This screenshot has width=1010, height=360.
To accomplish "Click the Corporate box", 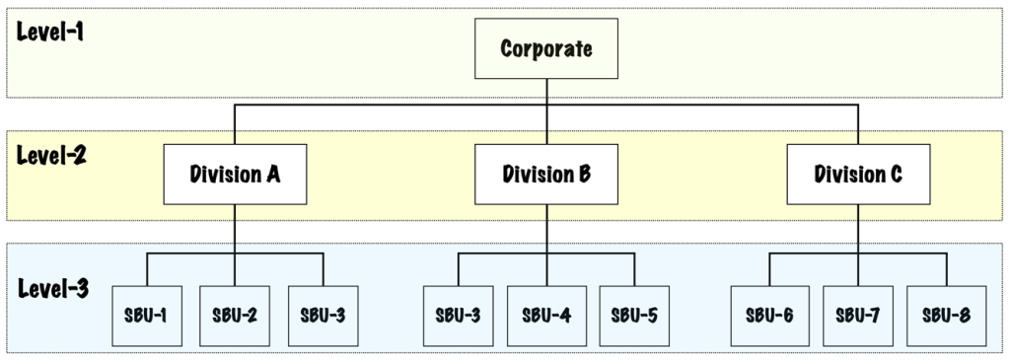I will (546, 48).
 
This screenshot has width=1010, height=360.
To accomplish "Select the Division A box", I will (235, 175).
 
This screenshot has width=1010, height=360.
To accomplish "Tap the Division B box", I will (546, 175).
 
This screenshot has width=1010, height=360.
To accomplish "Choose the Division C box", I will (857, 175).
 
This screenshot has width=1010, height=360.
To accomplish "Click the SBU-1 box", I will (147, 316).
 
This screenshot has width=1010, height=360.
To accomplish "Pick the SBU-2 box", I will (235, 316).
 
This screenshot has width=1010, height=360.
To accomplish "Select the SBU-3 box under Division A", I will (323, 316).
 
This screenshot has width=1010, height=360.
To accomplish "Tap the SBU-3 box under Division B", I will (459, 316).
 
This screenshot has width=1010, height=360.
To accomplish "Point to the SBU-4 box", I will (546, 316).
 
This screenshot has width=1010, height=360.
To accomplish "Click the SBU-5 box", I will (634, 316).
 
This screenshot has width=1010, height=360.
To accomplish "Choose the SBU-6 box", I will (769, 316).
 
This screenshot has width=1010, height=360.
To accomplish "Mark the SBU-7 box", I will (857, 316).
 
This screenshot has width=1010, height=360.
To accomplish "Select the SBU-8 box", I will (945, 316).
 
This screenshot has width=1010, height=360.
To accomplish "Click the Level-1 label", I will (50, 31).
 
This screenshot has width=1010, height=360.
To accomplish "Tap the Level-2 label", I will (51, 156).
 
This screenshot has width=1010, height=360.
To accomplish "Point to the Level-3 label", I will (52, 289).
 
